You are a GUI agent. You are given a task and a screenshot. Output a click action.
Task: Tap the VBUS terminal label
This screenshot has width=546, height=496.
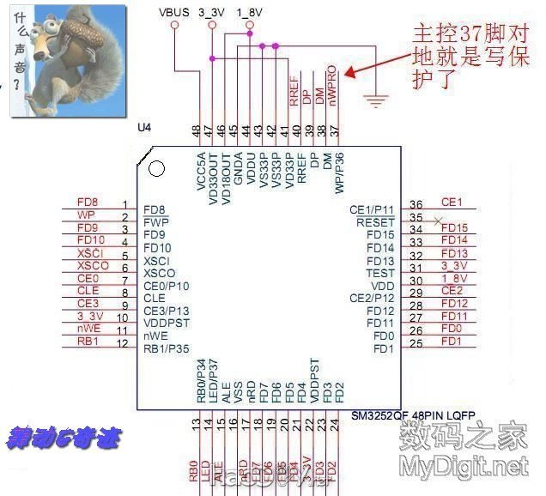(175, 12)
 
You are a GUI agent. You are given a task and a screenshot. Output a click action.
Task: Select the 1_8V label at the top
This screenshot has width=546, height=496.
(249, 12)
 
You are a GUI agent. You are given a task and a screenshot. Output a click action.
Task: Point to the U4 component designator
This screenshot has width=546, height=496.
(144, 128)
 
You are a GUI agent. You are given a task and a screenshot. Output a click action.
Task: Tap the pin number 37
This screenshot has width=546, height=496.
(335, 130)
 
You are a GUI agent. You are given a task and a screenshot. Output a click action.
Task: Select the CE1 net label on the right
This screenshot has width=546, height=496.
(452, 203)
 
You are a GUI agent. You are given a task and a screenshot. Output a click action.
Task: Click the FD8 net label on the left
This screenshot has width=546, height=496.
(87, 203)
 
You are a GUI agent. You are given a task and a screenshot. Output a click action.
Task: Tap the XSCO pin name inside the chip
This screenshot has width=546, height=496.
(160, 273)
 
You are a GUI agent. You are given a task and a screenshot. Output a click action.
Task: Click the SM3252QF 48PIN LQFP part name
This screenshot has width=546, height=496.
(413, 414)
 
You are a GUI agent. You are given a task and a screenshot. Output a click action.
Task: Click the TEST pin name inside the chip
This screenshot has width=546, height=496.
(379, 273)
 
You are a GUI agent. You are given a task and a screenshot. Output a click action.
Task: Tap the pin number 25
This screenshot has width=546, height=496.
(416, 344)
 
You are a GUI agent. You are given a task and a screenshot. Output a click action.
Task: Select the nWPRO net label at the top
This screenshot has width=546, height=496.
(334, 85)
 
